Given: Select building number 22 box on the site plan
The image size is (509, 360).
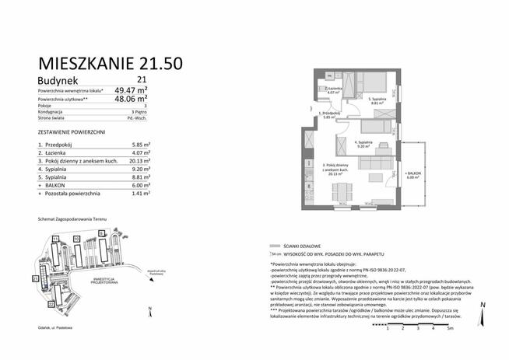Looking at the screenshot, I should coord(51,304).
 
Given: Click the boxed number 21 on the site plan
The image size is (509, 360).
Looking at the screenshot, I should coord(35,278).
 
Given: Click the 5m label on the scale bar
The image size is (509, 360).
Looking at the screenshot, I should coord(450,330).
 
